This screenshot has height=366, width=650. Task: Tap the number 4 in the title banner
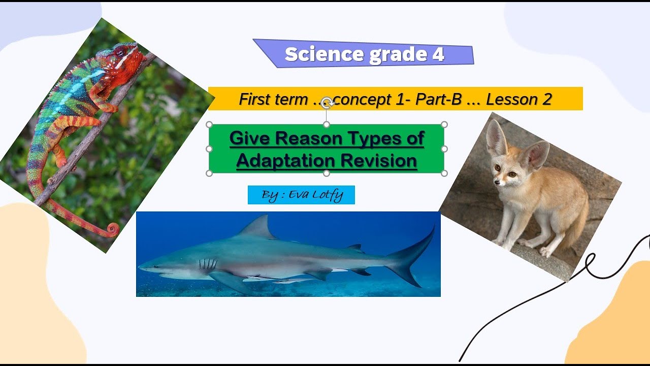click(438, 54)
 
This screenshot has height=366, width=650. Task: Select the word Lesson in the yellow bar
click(509, 99)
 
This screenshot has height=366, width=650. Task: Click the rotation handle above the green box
click(327, 103)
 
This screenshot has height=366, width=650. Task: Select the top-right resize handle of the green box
click(444, 125)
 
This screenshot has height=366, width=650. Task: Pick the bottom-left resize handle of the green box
click(209, 173)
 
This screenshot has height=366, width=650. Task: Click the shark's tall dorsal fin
click(259, 227)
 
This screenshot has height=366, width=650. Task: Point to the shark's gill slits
click(208, 264)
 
